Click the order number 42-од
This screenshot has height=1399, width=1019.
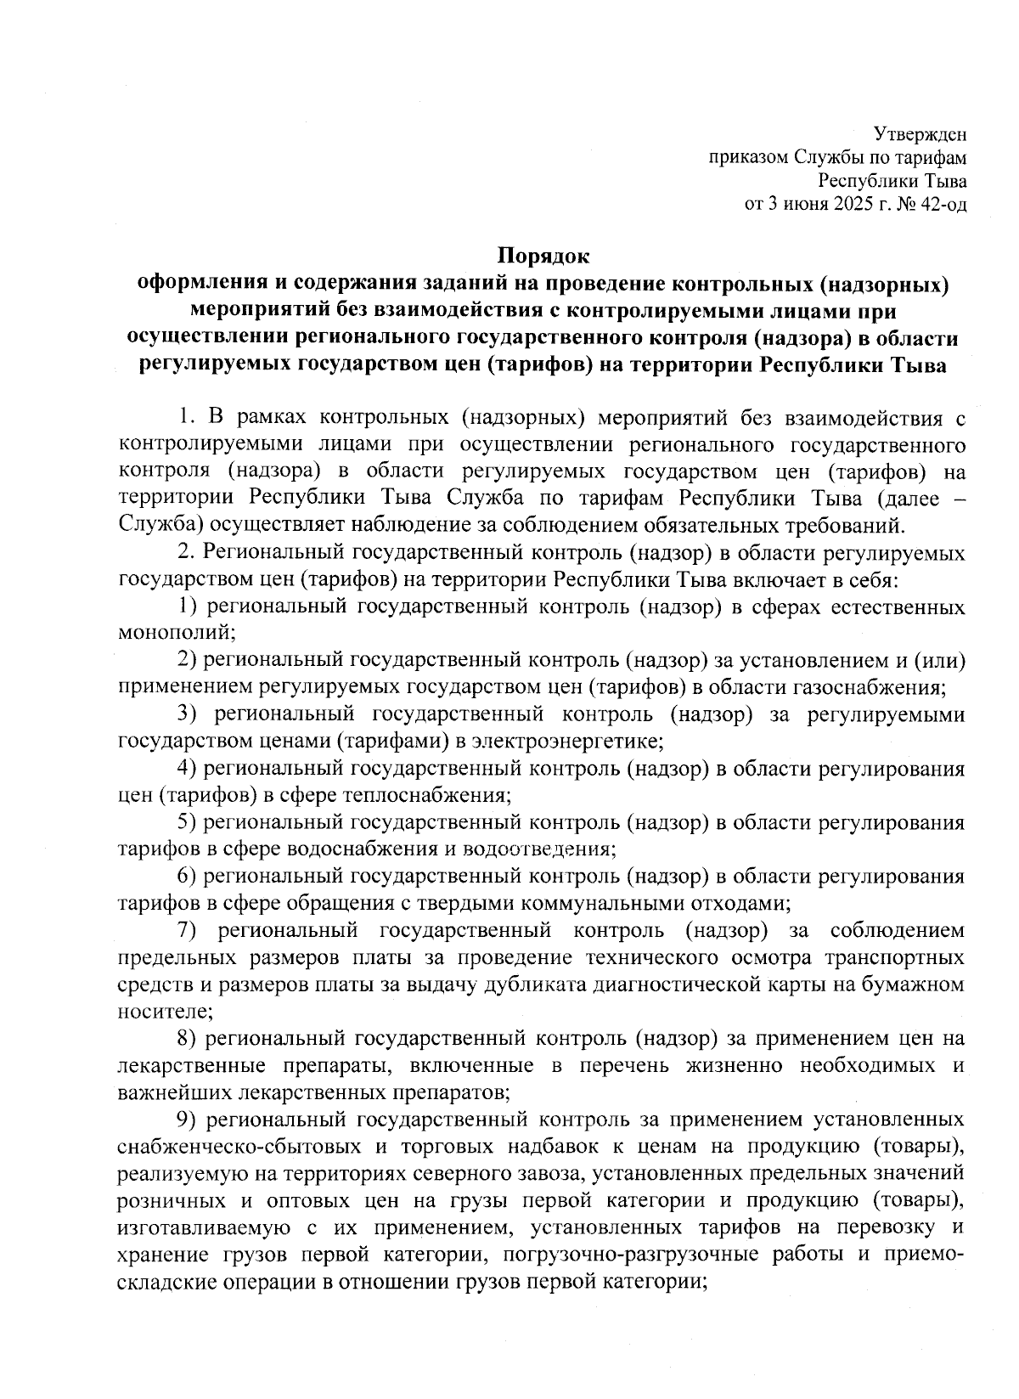pyautogui.click(x=943, y=204)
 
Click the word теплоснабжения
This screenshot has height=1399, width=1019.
pyautogui.click(x=425, y=795)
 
